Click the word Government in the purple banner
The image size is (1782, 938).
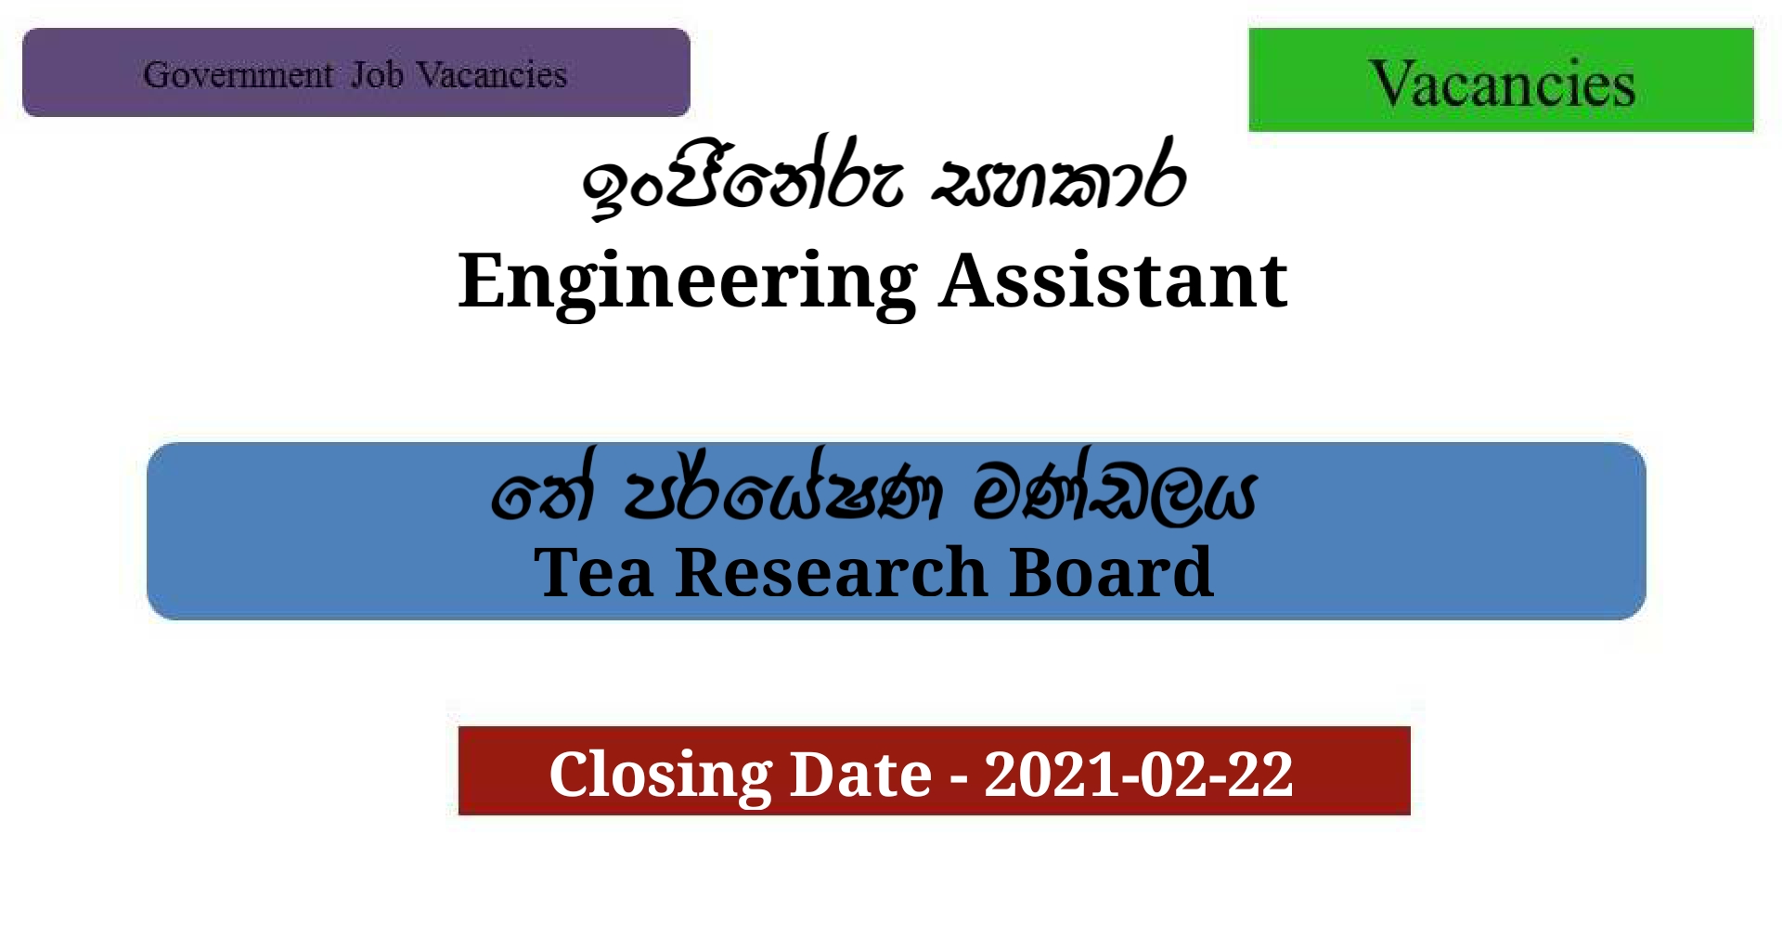tap(238, 74)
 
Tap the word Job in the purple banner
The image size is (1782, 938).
tap(377, 74)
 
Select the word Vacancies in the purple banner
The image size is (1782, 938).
tap(491, 74)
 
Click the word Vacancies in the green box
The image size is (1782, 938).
tap(1501, 84)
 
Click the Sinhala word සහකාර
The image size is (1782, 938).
tap(1058, 181)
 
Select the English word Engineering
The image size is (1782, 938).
tap(687, 280)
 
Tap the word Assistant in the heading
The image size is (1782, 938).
tap(1113, 280)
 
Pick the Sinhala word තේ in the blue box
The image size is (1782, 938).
tap(543, 492)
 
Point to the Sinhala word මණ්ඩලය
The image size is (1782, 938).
tap(1114, 492)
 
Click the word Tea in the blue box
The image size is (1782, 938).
tap(594, 572)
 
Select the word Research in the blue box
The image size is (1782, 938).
tap(831, 572)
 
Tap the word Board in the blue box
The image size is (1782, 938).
tap(1111, 572)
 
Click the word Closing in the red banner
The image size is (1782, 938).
tap(660, 774)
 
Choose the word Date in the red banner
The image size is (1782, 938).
tap(859, 774)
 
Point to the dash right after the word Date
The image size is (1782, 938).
tap(958, 776)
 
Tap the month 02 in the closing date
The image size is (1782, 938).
tap(1172, 774)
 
